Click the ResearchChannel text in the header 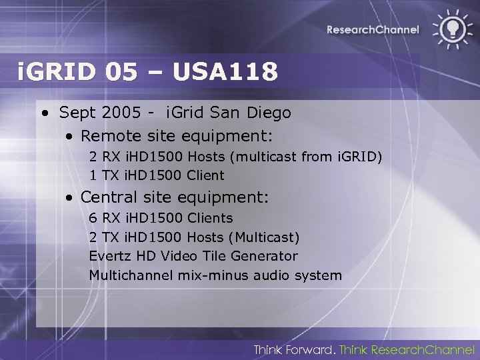tap(373, 29)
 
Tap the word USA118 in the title tap(225, 71)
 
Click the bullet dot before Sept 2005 tap(44, 114)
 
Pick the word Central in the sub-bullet tap(107, 197)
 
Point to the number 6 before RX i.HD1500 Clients tap(93, 218)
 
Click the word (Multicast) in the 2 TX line tap(265, 237)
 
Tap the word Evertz tap(110, 256)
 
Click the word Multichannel tap(132, 275)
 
